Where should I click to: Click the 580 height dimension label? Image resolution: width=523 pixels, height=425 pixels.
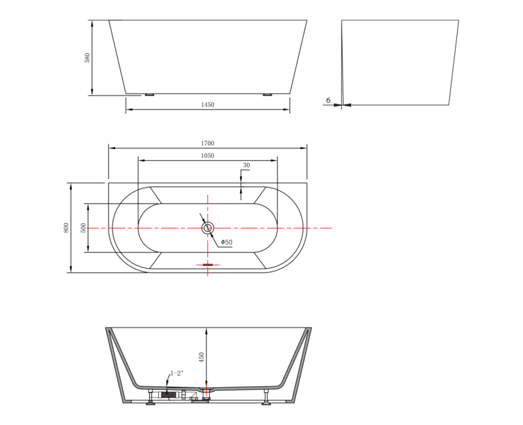click(88, 58)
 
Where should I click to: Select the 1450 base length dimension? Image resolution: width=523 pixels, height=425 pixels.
click(207, 105)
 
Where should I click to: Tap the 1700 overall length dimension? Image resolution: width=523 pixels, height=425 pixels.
click(207, 143)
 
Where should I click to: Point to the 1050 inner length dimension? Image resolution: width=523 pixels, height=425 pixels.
click(207, 156)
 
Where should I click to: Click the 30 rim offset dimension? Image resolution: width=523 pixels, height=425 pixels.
click(246, 165)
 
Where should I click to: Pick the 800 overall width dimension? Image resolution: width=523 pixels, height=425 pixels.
click(67, 228)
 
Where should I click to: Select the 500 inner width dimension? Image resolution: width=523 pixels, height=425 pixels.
click(84, 228)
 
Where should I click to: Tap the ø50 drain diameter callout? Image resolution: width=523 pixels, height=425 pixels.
click(227, 242)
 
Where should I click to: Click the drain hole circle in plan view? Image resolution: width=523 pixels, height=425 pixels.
click(208, 228)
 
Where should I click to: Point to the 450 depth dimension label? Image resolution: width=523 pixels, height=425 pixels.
click(201, 357)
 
